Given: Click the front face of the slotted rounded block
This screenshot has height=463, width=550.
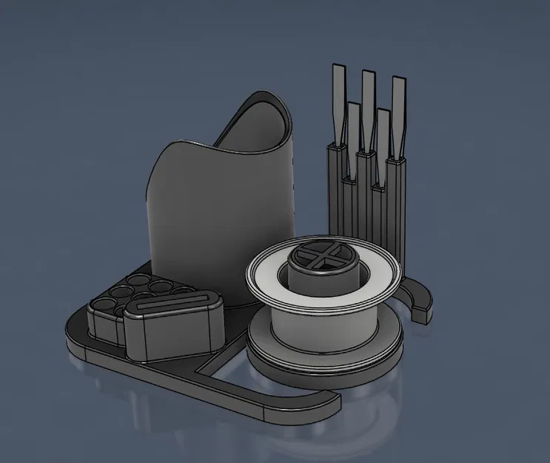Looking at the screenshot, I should click(175, 333).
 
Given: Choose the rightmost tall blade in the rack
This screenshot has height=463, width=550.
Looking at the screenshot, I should click(398, 111).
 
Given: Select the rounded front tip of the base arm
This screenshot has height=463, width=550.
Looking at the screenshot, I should click(326, 404).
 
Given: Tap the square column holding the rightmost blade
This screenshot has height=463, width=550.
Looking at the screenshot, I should click(400, 207).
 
